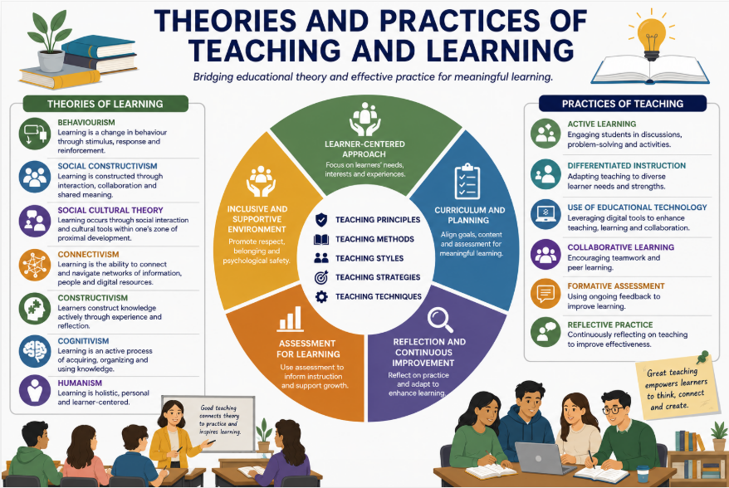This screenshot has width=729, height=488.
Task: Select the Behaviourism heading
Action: coord(86,122)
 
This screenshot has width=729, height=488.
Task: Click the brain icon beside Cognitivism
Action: coord(35,351)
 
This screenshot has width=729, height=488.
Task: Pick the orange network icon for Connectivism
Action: coord(35,265)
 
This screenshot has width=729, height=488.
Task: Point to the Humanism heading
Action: coord(80,383)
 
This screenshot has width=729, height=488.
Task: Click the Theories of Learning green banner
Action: coord(105,104)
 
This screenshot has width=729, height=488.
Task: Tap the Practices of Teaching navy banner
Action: coord(623,104)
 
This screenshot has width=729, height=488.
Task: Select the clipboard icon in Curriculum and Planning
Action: coord(467,182)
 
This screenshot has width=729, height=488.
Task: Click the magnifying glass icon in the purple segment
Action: coord(440,320)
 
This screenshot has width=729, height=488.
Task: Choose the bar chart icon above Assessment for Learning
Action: coord(291,319)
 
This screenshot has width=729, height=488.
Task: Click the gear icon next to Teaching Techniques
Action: coord(321,296)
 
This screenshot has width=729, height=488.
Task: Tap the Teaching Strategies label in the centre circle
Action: coord(378,277)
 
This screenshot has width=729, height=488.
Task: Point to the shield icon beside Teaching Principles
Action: coord(321,220)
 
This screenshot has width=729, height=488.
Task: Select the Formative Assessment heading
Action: coord(615,285)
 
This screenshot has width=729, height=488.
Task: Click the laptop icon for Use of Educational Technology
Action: coord(546,214)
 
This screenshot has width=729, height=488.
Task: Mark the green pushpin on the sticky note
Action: coord(702,357)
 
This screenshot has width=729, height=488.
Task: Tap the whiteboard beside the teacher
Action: coord(208,423)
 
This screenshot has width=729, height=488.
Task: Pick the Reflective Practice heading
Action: coord(610,325)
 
